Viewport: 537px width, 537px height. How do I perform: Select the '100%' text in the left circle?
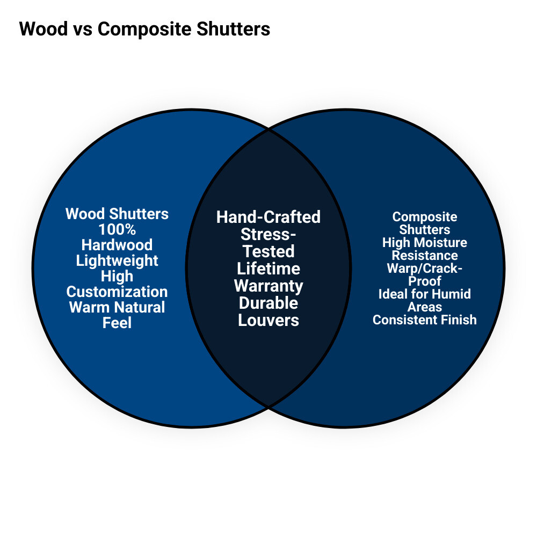tap(117, 229)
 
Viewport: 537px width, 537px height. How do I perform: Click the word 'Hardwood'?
tap(117, 245)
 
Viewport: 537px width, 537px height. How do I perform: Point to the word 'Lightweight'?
tap(117, 260)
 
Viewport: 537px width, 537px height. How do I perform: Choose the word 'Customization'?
tap(117, 292)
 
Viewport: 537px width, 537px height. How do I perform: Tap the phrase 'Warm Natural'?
tap(117, 307)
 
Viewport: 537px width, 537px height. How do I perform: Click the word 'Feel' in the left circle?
tap(117, 323)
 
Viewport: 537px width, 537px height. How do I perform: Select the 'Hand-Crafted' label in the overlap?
tap(268, 217)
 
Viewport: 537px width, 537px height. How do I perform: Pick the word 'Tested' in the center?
tap(268, 251)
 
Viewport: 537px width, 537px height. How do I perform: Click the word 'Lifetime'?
tap(268, 268)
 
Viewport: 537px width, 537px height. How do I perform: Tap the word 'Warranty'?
tap(268, 286)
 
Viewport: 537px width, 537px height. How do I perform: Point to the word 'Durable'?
tap(268, 303)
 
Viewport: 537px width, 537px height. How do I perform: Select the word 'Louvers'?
tap(268, 320)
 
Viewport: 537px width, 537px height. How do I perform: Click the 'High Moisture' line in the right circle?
tap(425, 243)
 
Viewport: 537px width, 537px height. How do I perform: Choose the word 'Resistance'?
tap(425, 256)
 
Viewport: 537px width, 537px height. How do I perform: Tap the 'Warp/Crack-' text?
tap(425, 268)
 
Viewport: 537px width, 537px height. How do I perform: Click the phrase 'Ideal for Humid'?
tap(425, 294)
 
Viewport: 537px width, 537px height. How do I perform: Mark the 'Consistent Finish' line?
tap(425, 320)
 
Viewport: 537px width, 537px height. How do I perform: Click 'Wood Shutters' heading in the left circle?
tap(117, 214)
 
